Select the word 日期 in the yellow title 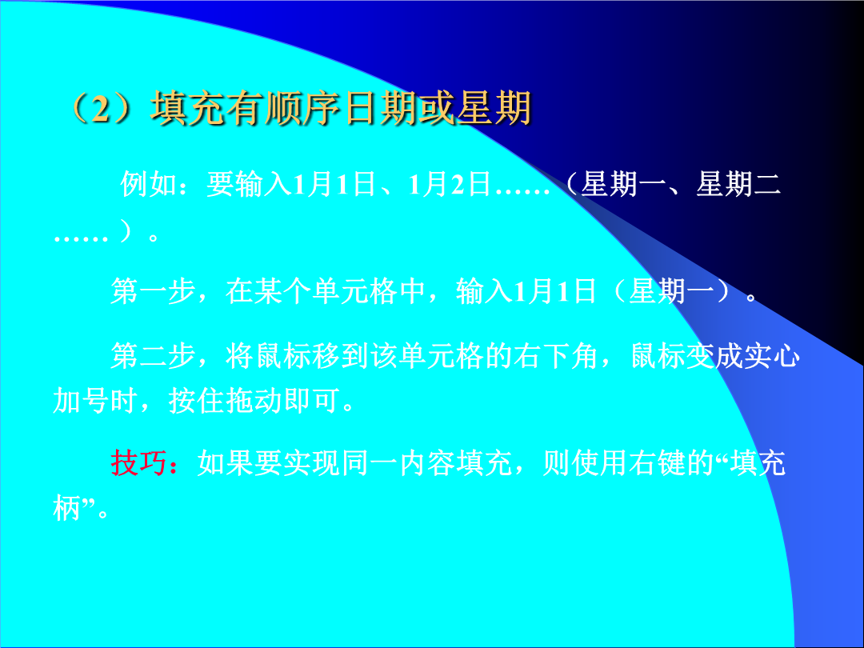coord(382,107)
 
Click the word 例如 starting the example coord(149,183)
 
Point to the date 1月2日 coord(449,183)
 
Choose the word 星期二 coord(738,183)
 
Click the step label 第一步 coord(153,291)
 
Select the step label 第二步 coord(153,355)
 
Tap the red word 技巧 coord(139,462)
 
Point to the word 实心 coord(771,355)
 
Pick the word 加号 coord(81,400)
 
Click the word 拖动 coord(254,400)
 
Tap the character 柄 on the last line coord(66,507)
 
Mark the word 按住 coord(197,400)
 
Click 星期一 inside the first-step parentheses coord(672,291)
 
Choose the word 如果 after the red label coord(226,462)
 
